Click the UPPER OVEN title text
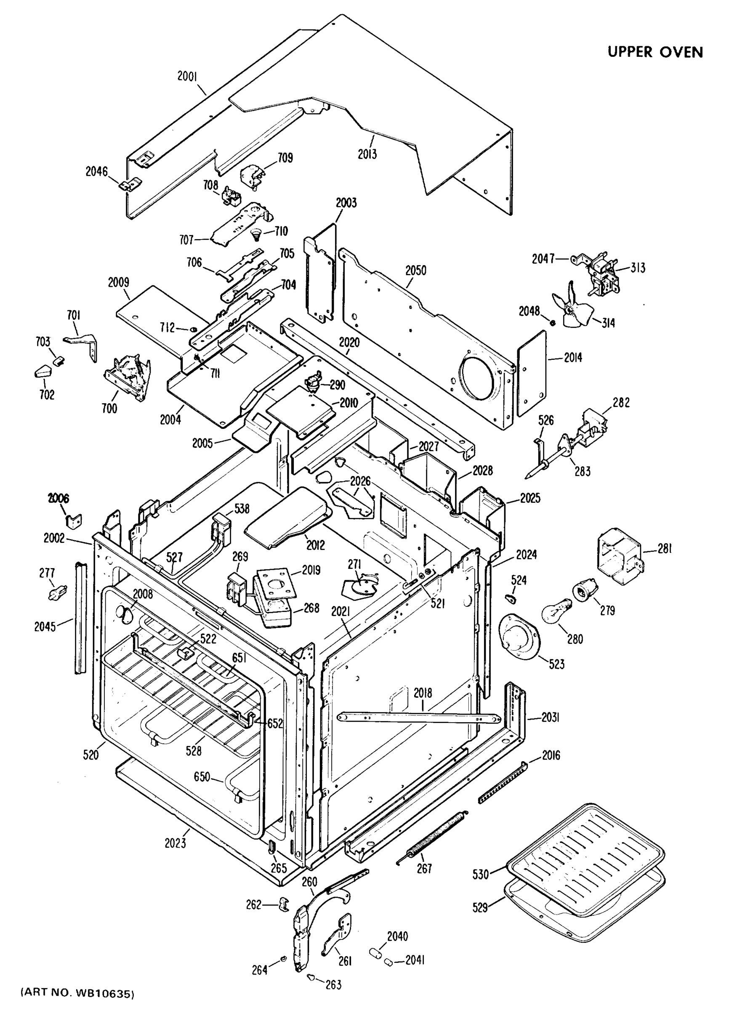tap(655, 52)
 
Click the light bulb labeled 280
tap(556, 612)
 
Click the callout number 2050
tap(415, 270)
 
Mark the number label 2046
tap(96, 171)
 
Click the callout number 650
tap(202, 777)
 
